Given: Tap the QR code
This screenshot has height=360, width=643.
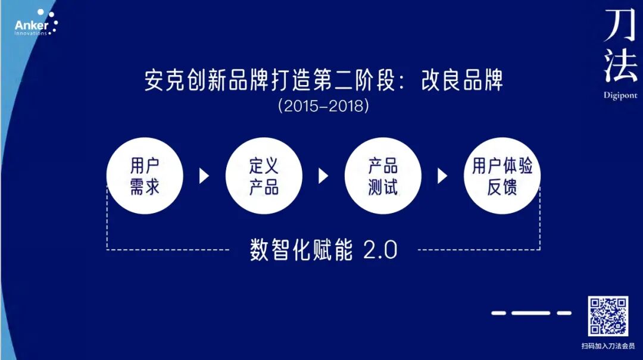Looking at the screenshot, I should pos(608,316).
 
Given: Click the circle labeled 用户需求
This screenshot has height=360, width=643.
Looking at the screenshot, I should pos(145,176).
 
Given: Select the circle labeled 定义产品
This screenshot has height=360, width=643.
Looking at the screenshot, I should pos(264,176).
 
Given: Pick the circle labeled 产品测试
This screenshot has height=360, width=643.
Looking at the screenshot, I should pos(383,176).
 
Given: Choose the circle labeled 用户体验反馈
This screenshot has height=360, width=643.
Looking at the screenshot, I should pos(502,176).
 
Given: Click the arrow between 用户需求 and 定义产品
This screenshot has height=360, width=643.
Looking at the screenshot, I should pos(204,176).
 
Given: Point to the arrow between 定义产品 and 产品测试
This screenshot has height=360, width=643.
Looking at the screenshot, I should pos(323,176).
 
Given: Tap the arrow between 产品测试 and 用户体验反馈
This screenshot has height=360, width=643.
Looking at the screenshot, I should pos(442,176).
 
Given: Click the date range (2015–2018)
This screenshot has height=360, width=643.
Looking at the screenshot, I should pos(323,107).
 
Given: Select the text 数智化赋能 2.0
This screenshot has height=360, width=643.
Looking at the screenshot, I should pos(323,250).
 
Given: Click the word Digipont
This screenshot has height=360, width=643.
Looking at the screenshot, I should pos(620,95).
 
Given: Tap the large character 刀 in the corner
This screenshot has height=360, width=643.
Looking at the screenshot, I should pos(620,27).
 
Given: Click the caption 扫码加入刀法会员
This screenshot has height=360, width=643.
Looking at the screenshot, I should pos(608,345).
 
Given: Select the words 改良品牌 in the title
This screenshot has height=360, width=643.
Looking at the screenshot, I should pos(461,80).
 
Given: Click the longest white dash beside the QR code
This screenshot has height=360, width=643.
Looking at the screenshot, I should pos(531,312).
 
